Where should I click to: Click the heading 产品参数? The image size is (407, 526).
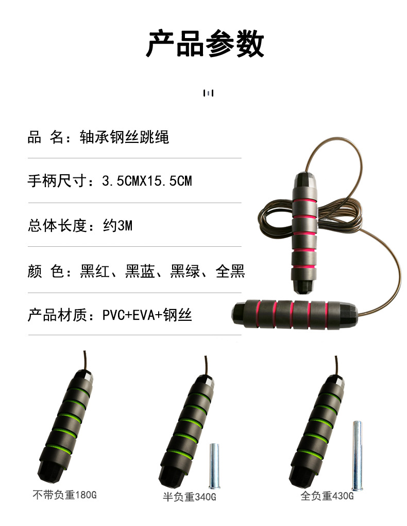tap(205, 44)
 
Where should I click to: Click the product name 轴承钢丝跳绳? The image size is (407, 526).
tap(124, 137)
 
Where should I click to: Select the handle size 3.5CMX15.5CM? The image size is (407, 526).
tap(147, 181)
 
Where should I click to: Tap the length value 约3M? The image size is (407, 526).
tap(117, 225)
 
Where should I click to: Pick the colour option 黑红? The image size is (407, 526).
tap(95, 271)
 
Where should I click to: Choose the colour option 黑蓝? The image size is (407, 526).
tap(140, 271)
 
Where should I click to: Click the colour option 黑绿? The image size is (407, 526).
tap(185, 271)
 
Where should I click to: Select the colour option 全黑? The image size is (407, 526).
tap(230, 271)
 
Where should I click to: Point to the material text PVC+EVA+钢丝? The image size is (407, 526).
tap(147, 315)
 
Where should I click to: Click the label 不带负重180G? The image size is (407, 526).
tap(64, 495)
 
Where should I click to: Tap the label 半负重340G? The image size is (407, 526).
tap(190, 497)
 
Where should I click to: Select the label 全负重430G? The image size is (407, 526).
tap(327, 496)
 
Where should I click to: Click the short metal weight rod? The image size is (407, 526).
tap(214, 466)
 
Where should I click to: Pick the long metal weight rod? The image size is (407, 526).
tap(357, 456)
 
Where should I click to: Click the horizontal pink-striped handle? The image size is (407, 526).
tap(295, 314)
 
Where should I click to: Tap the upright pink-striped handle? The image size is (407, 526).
tap(304, 233)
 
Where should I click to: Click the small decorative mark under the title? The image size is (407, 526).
tap(208, 93)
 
